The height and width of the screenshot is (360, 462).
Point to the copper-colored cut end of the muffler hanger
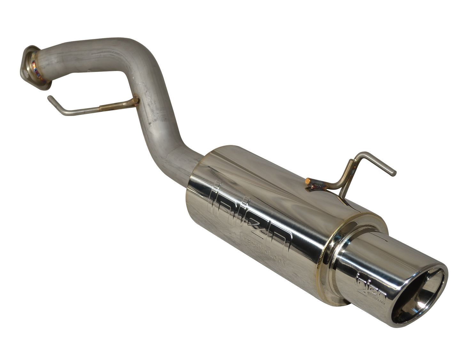pyautogui.click(x=309, y=181)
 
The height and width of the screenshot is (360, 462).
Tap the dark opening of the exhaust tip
pyautogui.click(x=416, y=297)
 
